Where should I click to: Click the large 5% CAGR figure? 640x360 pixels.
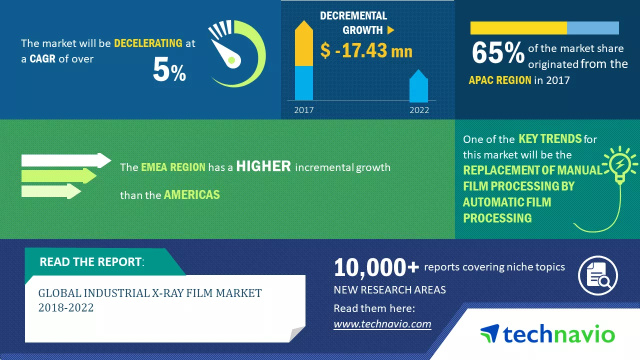(x=169, y=69)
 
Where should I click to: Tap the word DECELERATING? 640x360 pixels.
(x=148, y=43)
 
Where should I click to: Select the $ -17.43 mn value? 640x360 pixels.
(x=366, y=50)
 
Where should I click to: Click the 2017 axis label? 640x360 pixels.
(x=304, y=110)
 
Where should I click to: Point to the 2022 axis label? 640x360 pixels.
(x=419, y=110)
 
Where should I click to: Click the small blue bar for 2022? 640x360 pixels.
(x=418, y=85)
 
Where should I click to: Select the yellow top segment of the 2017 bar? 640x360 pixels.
(x=303, y=43)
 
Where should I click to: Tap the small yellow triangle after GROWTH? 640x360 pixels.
(x=390, y=30)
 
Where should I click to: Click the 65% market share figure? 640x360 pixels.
(x=498, y=53)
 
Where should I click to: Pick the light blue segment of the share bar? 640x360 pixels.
(x=593, y=28)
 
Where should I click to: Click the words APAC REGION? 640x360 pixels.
(x=500, y=80)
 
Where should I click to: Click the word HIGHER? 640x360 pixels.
(x=263, y=166)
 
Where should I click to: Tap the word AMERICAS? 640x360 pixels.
(x=191, y=195)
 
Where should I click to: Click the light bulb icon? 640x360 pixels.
(x=619, y=165)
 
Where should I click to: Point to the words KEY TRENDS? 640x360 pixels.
(x=550, y=139)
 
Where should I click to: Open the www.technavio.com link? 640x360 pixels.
(x=382, y=324)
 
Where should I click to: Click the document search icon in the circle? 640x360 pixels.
(x=598, y=275)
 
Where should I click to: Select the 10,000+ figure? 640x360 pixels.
(x=376, y=267)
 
